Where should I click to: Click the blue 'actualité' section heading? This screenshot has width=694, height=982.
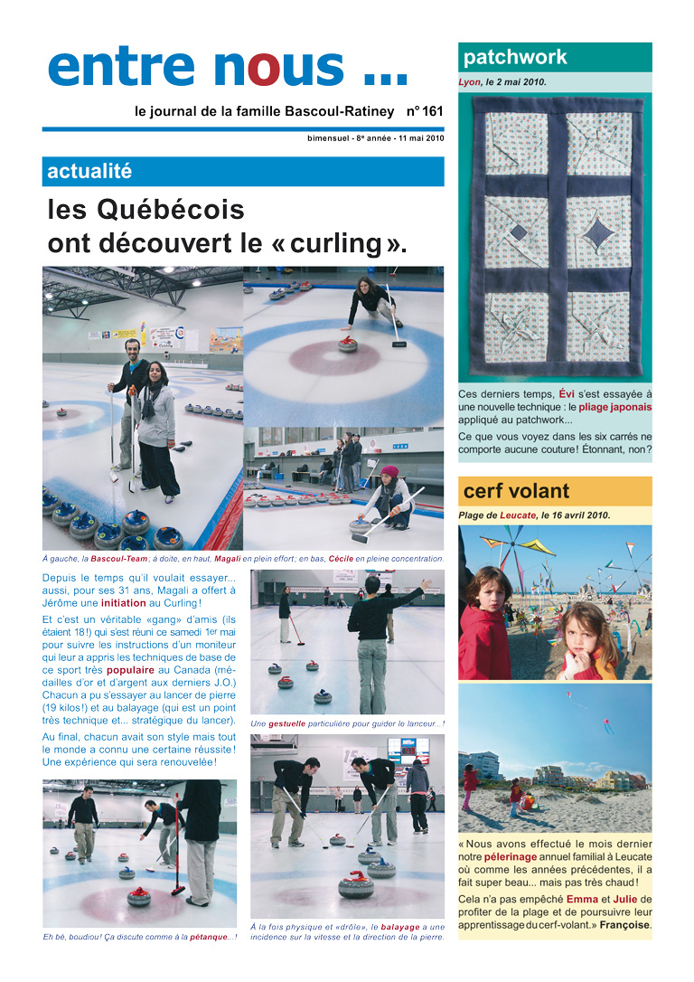pos(89,171)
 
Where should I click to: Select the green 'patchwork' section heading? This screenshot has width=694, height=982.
pos(515,58)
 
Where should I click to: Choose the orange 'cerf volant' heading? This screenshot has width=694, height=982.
pos(516,492)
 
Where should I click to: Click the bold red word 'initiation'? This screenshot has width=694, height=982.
pos(129,603)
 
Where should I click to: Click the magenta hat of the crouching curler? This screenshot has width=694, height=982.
pos(389,471)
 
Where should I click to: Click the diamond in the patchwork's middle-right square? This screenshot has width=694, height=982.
pos(596,234)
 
